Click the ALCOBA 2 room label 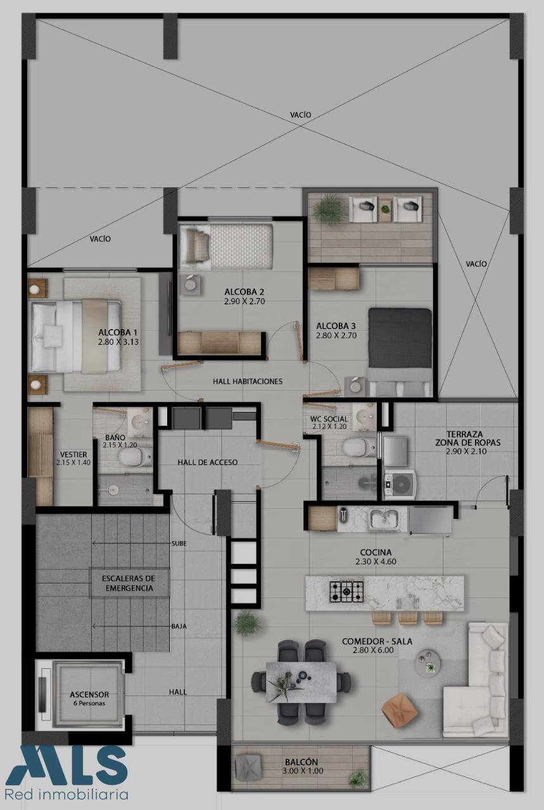point(244,292)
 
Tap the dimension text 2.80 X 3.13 point(118,342)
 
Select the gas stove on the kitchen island point(346,591)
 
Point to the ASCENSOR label point(89,694)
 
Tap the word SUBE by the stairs point(179,543)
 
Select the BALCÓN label point(301,762)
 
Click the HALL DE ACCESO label point(207,462)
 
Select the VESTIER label point(73,454)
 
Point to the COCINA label point(376,552)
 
